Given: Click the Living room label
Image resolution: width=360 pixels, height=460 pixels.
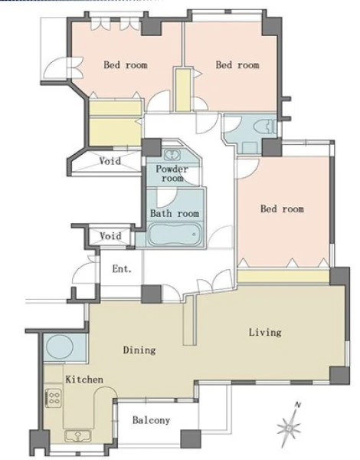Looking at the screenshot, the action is (x=265, y=333).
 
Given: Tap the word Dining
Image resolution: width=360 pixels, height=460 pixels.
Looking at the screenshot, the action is (x=139, y=350).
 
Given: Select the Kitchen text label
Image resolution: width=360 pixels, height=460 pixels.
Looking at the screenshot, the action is (x=84, y=379).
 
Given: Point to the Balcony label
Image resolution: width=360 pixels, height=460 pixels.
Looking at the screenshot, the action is (x=151, y=420).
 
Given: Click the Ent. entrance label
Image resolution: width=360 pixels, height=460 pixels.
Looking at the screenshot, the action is (x=122, y=268).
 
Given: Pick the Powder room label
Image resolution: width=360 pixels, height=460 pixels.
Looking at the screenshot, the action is (x=172, y=173).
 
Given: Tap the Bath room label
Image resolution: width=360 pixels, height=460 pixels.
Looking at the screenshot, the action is (x=175, y=213).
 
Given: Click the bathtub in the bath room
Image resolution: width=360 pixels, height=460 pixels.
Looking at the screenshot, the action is (x=175, y=235).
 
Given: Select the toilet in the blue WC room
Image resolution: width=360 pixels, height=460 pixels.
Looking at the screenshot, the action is (x=264, y=128).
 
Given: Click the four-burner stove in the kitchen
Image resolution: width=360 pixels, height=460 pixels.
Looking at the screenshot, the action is (x=54, y=398).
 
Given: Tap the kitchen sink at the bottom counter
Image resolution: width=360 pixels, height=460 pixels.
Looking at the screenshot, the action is (x=78, y=436).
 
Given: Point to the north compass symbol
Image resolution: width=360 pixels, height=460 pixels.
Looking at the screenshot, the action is (x=289, y=428).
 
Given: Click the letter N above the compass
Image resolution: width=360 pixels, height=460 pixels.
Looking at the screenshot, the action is (x=298, y=405).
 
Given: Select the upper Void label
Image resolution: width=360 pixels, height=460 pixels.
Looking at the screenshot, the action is (x=110, y=161).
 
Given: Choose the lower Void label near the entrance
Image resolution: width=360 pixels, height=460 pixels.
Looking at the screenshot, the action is (x=110, y=236).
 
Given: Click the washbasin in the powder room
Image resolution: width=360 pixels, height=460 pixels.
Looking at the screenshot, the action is (x=172, y=155).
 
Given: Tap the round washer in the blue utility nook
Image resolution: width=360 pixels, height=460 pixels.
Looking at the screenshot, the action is (x=60, y=347).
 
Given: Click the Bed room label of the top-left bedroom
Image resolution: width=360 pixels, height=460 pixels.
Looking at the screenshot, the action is (x=126, y=64).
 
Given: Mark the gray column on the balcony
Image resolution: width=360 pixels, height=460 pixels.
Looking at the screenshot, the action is (x=191, y=439).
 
